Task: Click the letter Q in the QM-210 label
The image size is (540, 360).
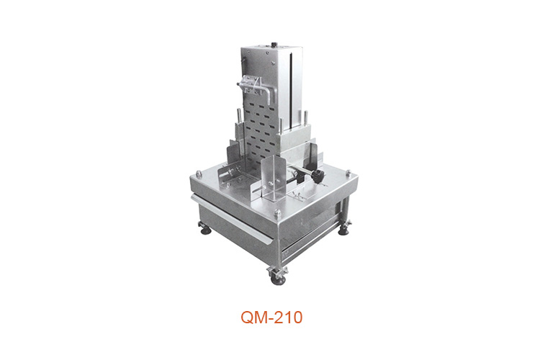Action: pos(247,318)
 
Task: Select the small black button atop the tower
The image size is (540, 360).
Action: pos(274,45)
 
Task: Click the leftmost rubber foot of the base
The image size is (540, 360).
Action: pos(205,229)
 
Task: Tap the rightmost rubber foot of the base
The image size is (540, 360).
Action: pos(343,229)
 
